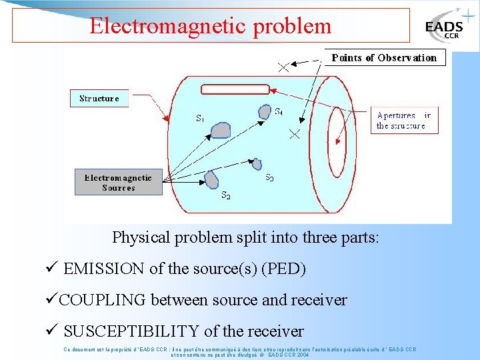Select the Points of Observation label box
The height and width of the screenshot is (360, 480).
[x=384, y=57]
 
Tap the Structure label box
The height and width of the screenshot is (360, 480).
[x=99, y=98]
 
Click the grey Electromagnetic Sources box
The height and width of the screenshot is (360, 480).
[x=118, y=183]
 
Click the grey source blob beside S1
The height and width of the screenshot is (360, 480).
[x=221, y=130]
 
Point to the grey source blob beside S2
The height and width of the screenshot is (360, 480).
[x=212, y=179]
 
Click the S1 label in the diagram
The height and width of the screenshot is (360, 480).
[x=200, y=119]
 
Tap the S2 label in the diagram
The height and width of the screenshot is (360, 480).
[x=226, y=196]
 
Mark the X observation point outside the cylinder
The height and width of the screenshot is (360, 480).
[x=283, y=67]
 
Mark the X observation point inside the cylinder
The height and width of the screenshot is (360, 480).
[x=294, y=134]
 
